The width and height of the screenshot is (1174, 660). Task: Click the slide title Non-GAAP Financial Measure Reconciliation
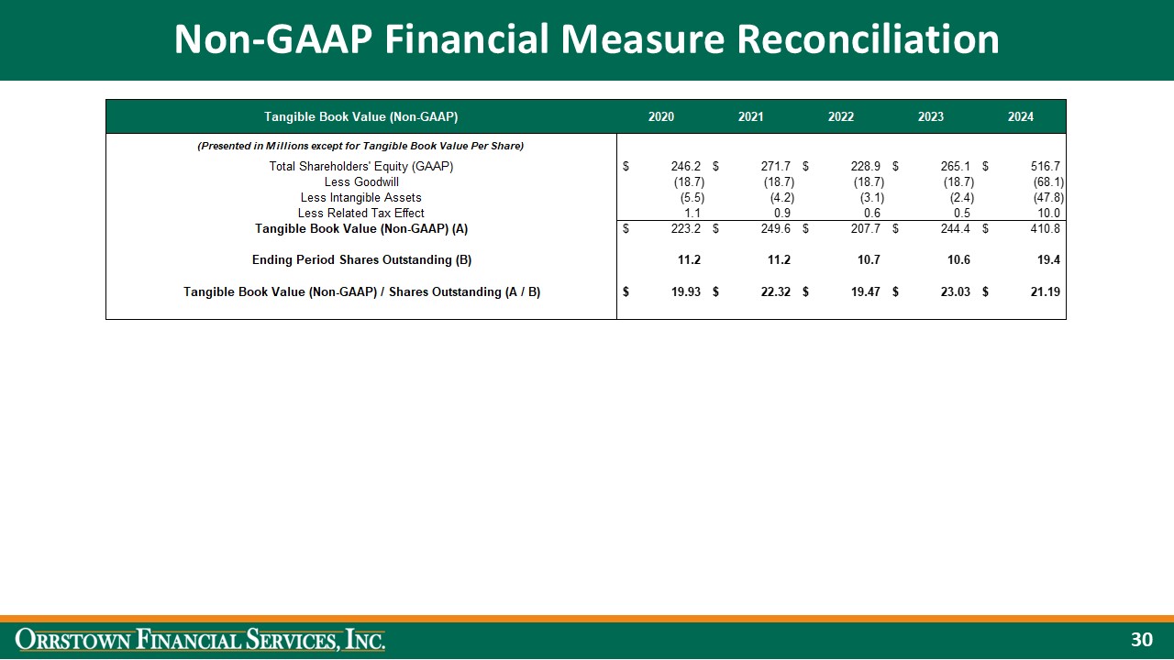(587, 39)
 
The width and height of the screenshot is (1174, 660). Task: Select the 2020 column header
(660, 116)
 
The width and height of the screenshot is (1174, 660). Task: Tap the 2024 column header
(1020, 116)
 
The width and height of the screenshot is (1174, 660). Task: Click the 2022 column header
(840, 116)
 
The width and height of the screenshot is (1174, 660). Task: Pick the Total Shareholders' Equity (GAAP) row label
(361, 167)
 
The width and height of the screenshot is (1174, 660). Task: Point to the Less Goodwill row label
(361, 182)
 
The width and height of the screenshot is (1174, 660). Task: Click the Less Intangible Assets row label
(361, 197)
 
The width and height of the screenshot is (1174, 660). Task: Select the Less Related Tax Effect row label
(361, 213)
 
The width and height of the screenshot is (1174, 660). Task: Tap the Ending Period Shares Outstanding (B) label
(361, 259)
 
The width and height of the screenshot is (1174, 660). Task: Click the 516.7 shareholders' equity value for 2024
(1045, 167)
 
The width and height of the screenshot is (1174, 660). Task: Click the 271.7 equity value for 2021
(776, 167)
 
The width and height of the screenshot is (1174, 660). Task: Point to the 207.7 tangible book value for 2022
(866, 228)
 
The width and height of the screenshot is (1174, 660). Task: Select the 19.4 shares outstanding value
(1048, 259)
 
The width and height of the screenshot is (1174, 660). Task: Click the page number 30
(1141, 639)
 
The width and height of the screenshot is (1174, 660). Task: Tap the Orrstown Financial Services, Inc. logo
(201, 639)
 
